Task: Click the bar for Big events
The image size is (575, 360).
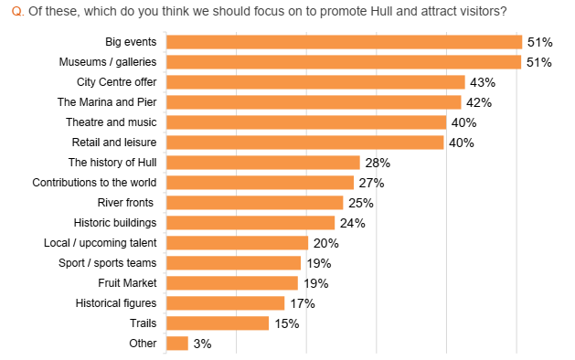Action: coord(344,42)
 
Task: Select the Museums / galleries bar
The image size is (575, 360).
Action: coord(344,62)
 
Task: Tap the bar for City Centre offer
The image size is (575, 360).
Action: coord(315,82)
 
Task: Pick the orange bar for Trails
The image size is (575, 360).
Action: coord(218,323)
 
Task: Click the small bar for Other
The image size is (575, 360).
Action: coord(177,344)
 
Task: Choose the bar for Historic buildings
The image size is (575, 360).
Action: coord(250,223)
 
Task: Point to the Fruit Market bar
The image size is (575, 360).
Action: coord(233,283)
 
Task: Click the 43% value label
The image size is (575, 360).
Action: coord(483,82)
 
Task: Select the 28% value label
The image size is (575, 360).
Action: coord(378,163)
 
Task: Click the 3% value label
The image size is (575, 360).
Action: coord(202,344)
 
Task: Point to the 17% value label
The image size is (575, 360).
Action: coord(303,303)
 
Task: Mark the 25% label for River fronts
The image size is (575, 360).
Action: coord(360,203)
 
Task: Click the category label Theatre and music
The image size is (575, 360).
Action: coord(111,122)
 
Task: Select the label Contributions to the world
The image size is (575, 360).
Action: coord(94,183)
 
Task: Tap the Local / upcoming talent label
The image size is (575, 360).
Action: coord(100,243)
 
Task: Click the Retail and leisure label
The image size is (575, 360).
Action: coord(113,143)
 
